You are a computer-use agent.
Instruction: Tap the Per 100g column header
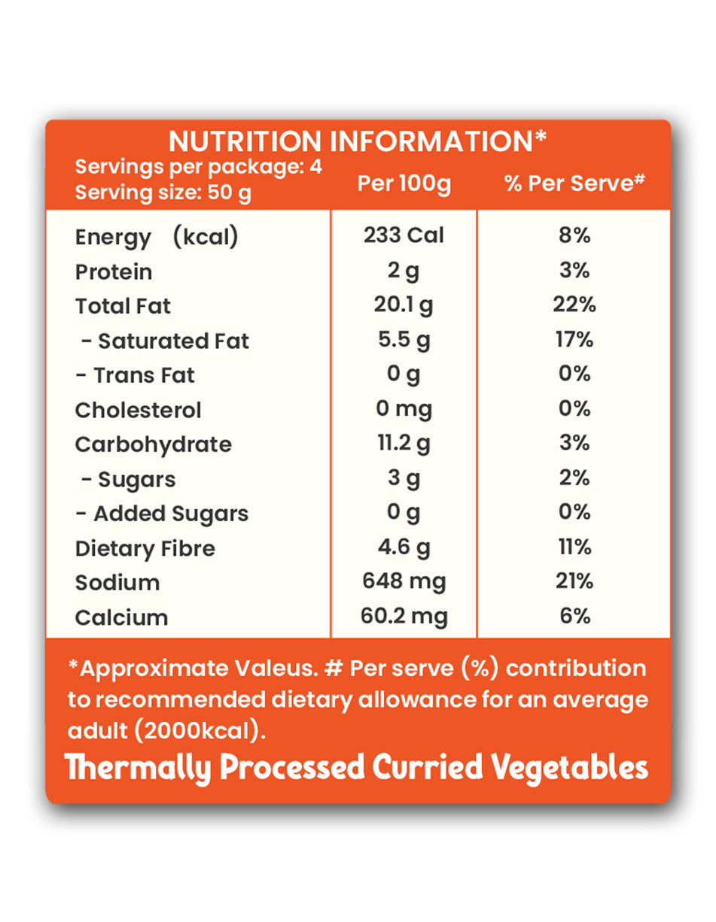click(x=404, y=184)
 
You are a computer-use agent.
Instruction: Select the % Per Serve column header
click(x=575, y=184)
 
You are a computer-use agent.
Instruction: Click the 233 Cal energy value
click(x=404, y=235)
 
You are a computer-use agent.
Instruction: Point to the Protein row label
click(x=114, y=271)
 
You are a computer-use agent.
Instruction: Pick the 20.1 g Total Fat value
click(x=404, y=305)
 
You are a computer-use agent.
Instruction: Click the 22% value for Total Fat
click(x=574, y=305)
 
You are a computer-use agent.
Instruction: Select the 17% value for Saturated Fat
click(x=574, y=340)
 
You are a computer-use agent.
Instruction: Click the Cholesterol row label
click(x=138, y=410)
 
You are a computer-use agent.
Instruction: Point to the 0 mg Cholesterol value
click(x=404, y=409)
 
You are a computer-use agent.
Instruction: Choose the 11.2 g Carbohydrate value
click(x=404, y=444)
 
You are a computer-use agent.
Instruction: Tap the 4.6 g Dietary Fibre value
click(x=404, y=547)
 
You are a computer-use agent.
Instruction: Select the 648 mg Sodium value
click(x=404, y=581)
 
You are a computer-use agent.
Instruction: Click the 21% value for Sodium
click(x=574, y=581)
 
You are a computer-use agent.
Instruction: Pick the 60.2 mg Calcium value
click(x=404, y=617)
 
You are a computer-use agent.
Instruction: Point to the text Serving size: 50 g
click(x=163, y=193)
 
